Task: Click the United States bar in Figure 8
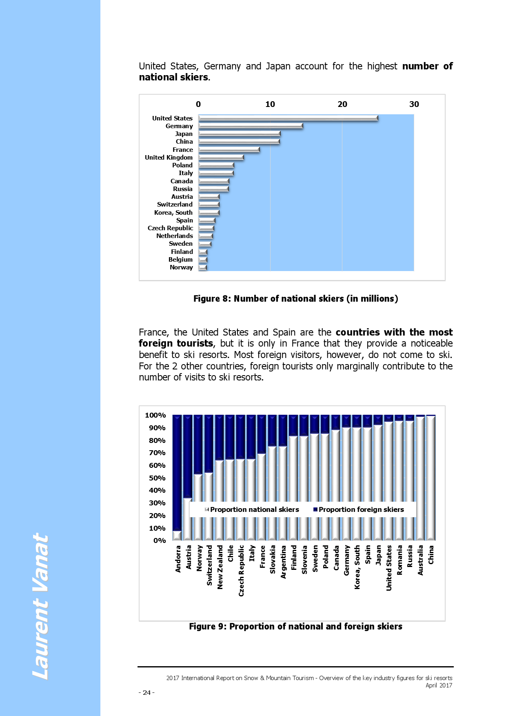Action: tap(288, 118)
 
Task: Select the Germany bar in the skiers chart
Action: tap(251, 126)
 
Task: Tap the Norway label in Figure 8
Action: tap(181, 267)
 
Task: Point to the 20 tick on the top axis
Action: tap(342, 104)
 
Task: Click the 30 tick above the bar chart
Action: tap(414, 104)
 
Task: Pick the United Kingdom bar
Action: tap(221, 158)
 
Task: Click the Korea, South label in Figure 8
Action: tap(173, 213)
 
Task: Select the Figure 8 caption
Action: tap(295, 298)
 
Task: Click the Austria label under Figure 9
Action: tap(189, 557)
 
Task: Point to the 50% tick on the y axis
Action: tap(157, 478)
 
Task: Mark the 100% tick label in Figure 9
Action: tap(155, 415)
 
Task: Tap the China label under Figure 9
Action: tap(431, 554)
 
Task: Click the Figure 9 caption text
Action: tap(295, 626)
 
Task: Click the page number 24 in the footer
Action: tap(146, 692)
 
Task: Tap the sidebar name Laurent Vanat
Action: tap(40, 606)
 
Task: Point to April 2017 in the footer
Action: tap(439, 685)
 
